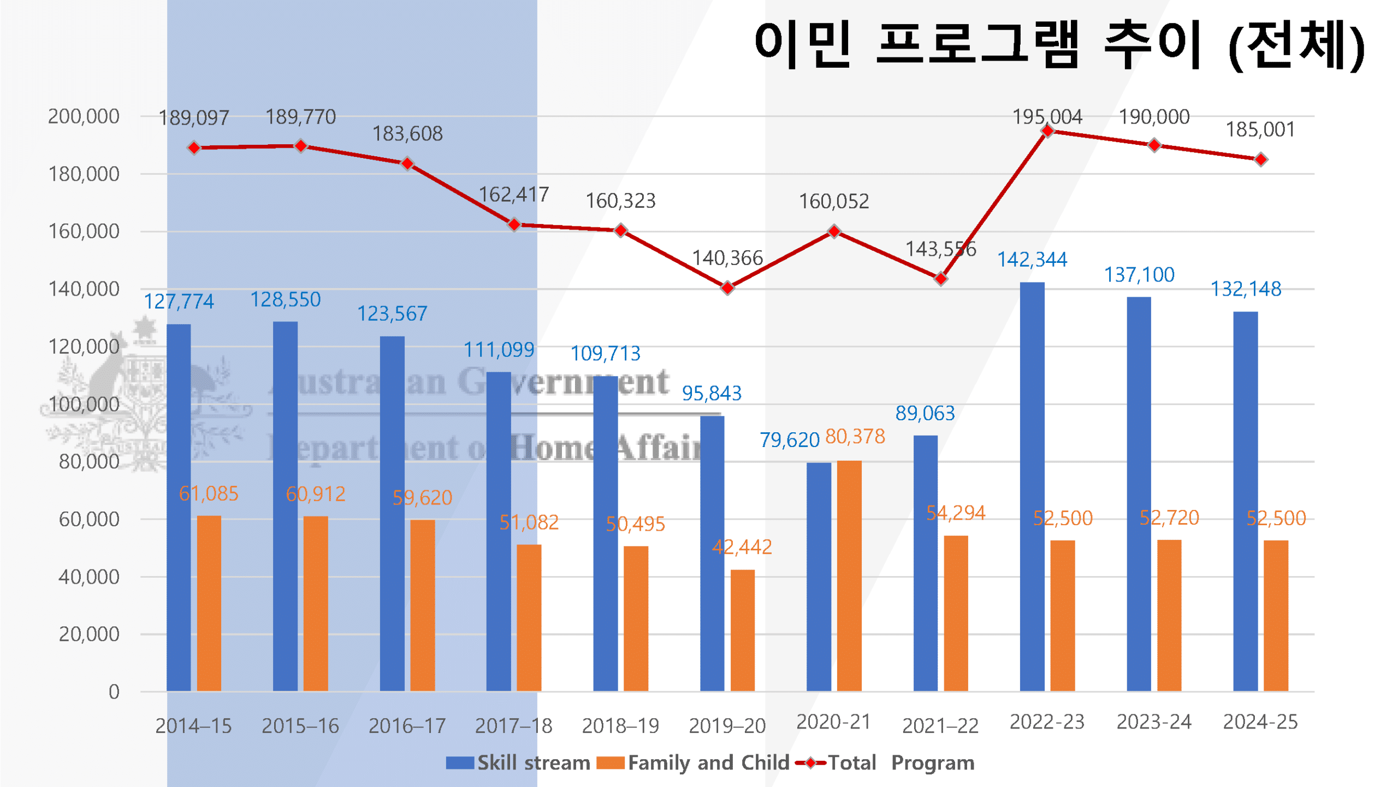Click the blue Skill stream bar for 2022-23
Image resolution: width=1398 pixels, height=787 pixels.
(x=1032, y=486)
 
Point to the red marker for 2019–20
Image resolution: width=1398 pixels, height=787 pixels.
(x=727, y=287)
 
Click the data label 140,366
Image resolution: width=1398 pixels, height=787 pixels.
(x=727, y=258)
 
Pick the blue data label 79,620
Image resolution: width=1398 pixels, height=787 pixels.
(x=789, y=440)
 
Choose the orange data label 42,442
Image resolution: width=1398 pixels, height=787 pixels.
(x=742, y=547)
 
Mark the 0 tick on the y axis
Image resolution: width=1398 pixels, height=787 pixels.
(x=114, y=692)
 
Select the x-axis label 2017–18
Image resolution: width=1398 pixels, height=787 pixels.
(x=513, y=726)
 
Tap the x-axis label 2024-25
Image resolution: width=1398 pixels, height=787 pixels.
(x=1260, y=722)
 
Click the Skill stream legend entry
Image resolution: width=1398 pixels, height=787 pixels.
(x=518, y=763)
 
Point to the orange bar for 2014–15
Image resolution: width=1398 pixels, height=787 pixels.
(x=209, y=603)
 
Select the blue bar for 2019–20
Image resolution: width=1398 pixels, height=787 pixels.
(x=712, y=553)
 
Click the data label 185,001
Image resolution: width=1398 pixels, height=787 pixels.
(x=1260, y=130)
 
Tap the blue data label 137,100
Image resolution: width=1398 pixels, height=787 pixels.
(x=1139, y=275)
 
